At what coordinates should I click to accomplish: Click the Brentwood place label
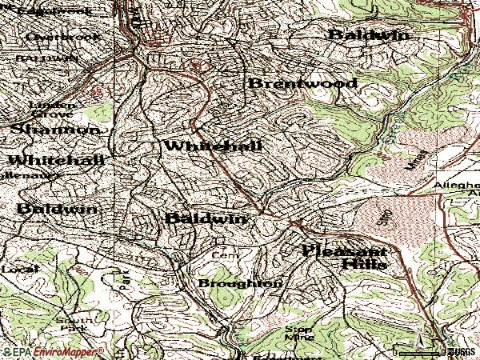click(290, 83)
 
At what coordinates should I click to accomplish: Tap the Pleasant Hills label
click(345, 256)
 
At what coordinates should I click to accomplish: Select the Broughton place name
click(240, 283)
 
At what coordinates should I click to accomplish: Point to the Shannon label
click(55, 129)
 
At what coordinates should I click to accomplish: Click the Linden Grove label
click(52, 109)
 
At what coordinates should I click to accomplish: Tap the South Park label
click(70, 324)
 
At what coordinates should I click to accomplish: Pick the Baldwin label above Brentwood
click(368, 35)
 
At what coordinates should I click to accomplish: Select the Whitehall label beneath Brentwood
click(213, 146)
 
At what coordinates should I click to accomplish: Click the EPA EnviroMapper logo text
click(53, 352)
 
